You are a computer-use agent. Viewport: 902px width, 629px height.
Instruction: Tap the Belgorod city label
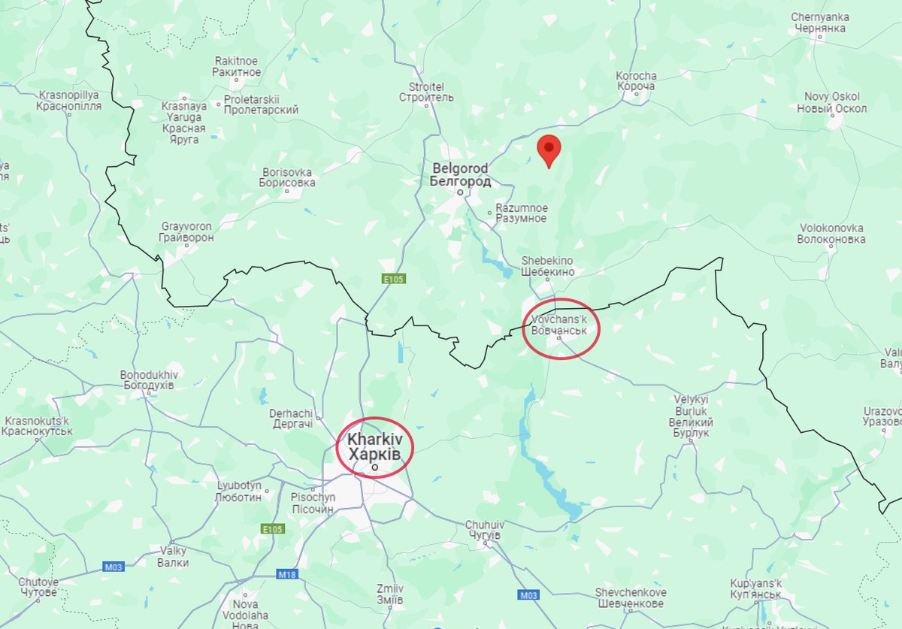pyautogui.click(x=460, y=174)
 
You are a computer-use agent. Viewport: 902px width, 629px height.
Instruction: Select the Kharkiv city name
pyautogui.click(x=375, y=446)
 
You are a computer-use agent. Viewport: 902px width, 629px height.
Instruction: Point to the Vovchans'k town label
pyautogui.click(x=559, y=324)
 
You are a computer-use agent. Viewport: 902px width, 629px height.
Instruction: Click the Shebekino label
pyautogui.click(x=548, y=266)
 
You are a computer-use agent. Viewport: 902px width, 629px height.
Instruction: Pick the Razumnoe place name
pyautogui.click(x=522, y=213)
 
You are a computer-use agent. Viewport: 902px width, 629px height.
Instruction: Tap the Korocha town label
pyautogui.click(x=636, y=81)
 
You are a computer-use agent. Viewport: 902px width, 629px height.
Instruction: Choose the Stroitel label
pyautogui.click(x=426, y=92)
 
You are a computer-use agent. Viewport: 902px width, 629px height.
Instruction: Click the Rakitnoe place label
pyautogui.click(x=238, y=66)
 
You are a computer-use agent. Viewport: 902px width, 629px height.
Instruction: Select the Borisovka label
pyautogui.click(x=286, y=177)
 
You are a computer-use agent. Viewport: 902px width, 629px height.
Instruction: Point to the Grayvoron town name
pyautogui.click(x=186, y=231)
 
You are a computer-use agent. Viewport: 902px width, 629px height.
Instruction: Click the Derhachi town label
pyautogui.click(x=291, y=419)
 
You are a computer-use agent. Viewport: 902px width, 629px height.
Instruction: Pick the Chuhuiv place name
pyautogui.click(x=483, y=529)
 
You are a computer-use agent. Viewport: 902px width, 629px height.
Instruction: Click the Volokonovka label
pyautogui.click(x=831, y=233)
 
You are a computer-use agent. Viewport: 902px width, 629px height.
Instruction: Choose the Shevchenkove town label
pyautogui.click(x=631, y=597)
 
